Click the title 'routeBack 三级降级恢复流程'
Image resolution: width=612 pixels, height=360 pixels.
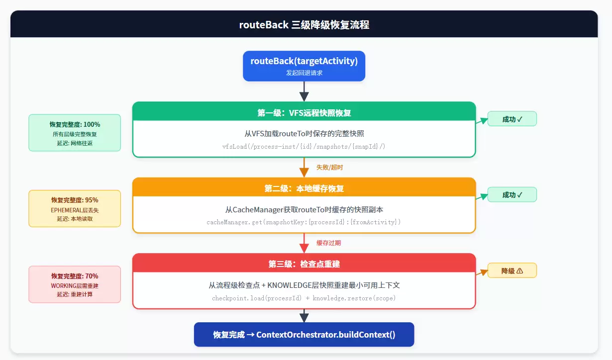pos(304,25)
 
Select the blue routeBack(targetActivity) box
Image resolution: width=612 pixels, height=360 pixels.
pos(304,66)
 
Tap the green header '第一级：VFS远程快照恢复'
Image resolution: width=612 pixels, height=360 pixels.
pos(304,113)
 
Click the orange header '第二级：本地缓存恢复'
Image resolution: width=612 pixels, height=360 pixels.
pos(304,188)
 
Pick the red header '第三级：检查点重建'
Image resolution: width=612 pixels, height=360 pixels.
pos(304,264)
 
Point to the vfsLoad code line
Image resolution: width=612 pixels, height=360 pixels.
pos(304,147)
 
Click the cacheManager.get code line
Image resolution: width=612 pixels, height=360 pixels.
pos(304,222)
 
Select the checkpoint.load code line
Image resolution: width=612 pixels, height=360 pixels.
pos(304,298)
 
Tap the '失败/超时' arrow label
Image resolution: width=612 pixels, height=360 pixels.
pos(329,167)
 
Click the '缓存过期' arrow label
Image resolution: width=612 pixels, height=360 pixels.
pos(329,243)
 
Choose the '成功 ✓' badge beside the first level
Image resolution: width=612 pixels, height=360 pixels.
pos(512,119)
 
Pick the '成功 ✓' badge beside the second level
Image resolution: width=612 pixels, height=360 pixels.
pos(512,194)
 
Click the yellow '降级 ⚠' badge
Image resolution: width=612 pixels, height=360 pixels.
pos(512,270)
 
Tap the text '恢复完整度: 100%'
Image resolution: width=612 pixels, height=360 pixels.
pos(75,124)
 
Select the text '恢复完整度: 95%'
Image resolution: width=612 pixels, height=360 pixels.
pos(75,200)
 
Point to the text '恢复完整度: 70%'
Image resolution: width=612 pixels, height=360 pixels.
pos(75,276)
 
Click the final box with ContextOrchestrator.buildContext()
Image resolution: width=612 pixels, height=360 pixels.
pos(304,335)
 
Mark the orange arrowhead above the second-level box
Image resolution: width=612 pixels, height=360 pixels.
pos(304,173)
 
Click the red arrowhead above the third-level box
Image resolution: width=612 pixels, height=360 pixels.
pos(304,248)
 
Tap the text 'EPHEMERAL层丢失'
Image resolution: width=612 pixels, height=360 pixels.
pos(75,210)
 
